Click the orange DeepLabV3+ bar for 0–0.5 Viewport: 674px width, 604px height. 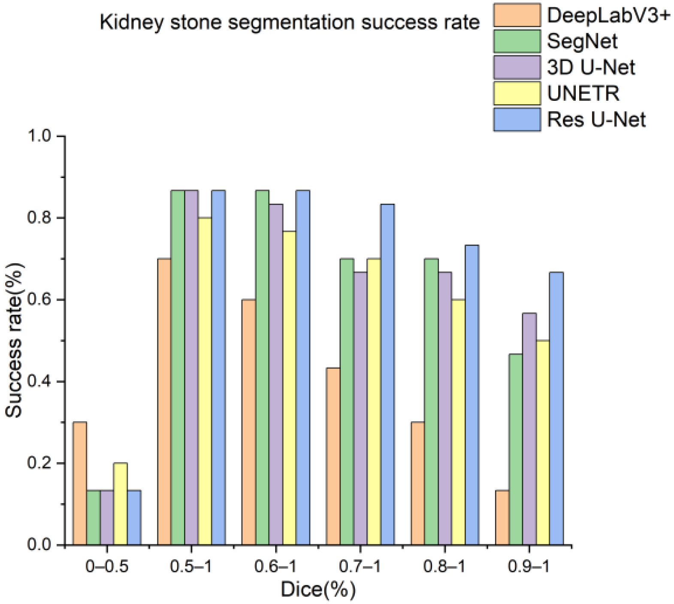(80, 483)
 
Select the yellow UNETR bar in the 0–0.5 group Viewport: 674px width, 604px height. (120, 504)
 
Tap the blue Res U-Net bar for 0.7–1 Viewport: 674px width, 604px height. (387, 374)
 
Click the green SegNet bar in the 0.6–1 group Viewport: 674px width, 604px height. (262, 367)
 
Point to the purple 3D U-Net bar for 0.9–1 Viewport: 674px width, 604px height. (529, 429)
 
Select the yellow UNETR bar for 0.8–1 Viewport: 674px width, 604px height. (458, 422)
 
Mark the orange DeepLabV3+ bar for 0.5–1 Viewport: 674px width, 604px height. (164, 402)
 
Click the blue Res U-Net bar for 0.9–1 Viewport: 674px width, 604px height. (556, 408)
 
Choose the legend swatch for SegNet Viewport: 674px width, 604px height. (517, 41)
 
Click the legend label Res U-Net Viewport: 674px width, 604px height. (596, 119)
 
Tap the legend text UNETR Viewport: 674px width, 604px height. (583, 93)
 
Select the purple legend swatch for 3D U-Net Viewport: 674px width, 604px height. (517, 67)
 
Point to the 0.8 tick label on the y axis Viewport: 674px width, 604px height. (39, 218)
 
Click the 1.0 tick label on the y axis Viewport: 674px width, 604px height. (39, 136)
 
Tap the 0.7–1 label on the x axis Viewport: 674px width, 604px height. (360, 567)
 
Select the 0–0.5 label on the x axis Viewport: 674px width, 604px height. (107, 567)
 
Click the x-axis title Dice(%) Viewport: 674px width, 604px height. (318, 589)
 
